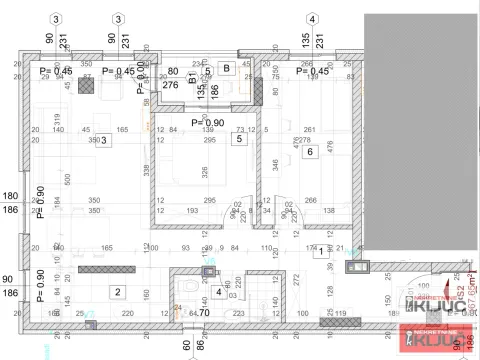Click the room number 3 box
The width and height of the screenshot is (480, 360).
(103, 141)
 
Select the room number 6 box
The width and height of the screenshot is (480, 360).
(311, 151)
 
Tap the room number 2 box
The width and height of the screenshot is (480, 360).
(117, 292)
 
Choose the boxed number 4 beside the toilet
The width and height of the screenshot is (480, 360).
(219, 292)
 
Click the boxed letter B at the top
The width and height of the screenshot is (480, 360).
(227, 68)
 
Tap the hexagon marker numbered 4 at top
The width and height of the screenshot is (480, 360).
(312, 19)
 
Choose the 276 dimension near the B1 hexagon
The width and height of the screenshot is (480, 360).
(170, 86)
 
